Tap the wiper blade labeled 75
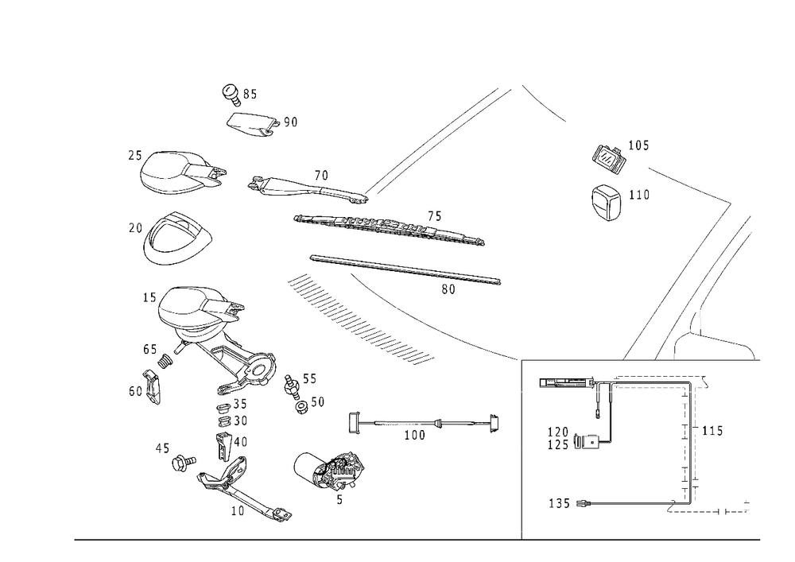coord(389,228)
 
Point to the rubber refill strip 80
coord(405,269)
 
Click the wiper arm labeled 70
coord(308,189)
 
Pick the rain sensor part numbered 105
coord(608,159)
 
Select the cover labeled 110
coord(607,202)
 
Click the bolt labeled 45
coord(184,463)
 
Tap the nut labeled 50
coord(301,406)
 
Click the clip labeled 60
coord(152,386)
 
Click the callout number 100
coord(415,436)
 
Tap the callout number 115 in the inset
coord(712,431)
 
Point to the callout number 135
coord(559,503)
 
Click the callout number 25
coord(135,155)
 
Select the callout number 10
coord(238,511)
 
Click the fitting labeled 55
coord(292,384)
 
